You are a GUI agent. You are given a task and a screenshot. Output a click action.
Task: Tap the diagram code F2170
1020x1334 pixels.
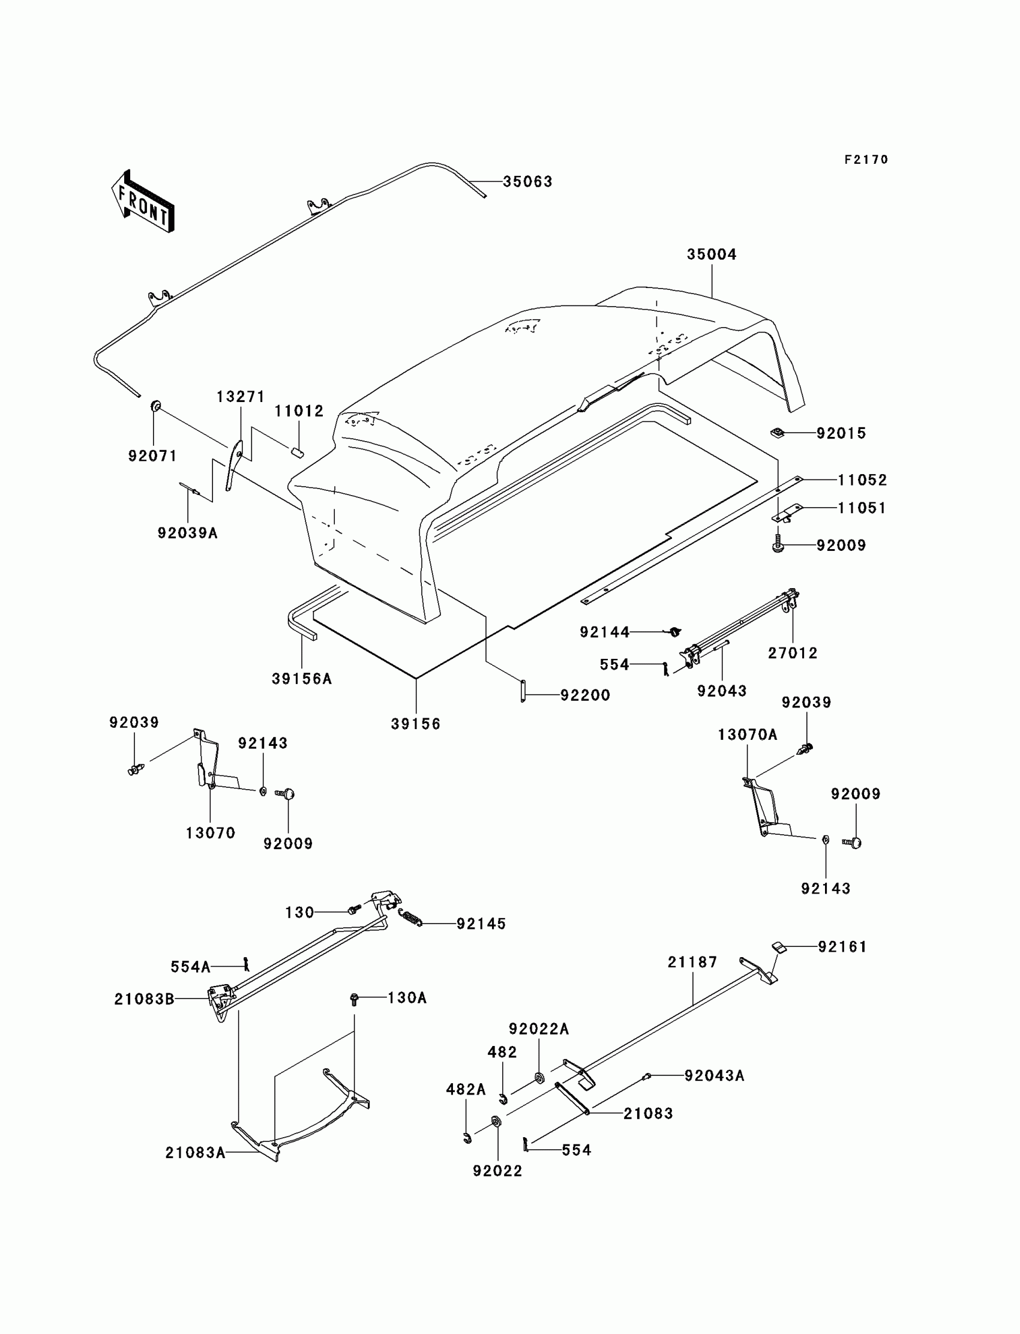coord(866,160)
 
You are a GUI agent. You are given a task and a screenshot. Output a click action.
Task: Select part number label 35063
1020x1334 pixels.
coord(527,182)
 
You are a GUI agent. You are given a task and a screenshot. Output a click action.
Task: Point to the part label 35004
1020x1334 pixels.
coord(711,254)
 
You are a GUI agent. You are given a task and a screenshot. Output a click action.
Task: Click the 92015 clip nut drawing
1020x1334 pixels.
coord(776,433)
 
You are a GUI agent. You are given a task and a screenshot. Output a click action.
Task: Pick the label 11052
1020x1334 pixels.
coord(862,479)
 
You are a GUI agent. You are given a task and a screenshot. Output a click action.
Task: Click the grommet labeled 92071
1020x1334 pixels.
coord(155,406)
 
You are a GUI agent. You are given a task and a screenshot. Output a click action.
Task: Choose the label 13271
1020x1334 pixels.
coord(241,397)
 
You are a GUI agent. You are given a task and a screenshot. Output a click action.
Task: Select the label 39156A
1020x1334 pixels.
coord(301,679)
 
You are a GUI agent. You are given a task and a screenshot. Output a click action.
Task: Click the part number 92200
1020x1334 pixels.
coord(584,696)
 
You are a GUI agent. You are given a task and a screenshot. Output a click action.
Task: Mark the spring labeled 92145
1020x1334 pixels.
coord(410,918)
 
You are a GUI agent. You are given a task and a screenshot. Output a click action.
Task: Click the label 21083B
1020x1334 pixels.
coord(144,999)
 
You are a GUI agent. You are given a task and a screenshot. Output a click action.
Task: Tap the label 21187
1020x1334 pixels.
coord(692,962)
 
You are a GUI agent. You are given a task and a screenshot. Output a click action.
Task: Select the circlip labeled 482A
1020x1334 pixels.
coord(467,1138)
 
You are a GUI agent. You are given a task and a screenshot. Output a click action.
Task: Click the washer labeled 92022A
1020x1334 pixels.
coord(539,1078)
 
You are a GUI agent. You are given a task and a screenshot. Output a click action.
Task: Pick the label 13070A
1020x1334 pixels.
coord(747,735)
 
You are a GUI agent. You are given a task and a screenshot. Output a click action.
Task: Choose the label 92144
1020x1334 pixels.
coord(604,632)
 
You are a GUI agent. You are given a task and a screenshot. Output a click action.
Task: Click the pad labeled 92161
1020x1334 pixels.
coord(779,946)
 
